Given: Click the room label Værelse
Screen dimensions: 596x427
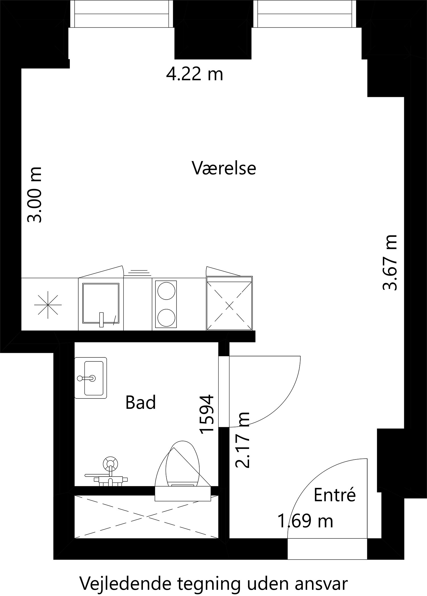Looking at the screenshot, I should (x=224, y=168).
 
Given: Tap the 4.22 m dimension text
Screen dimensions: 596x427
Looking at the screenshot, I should (x=194, y=75).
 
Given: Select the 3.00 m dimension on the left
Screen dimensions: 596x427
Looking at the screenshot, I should (x=34, y=194).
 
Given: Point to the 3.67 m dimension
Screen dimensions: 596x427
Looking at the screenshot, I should (x=389, y=262).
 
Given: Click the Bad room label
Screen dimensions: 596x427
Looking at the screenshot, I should (x=141, y=402).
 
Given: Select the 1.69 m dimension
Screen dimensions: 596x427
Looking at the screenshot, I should (x=305, y=521).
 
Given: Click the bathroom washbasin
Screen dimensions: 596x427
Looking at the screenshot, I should (x=91, y=378).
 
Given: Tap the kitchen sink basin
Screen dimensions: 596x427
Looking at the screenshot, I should (x=100, y=303).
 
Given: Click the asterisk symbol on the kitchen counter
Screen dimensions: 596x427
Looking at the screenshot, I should (x=48, y=305).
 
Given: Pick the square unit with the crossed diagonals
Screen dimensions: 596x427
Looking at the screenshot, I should (x=229, y=306).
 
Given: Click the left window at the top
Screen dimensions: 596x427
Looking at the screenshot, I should (x=122, y=14).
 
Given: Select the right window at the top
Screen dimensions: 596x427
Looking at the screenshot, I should (x=304, y=14).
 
